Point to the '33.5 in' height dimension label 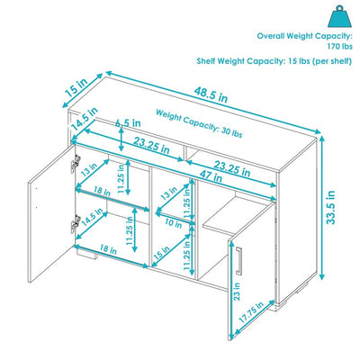[331, 209]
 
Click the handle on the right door [243, 258]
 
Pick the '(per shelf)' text [323, 62]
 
